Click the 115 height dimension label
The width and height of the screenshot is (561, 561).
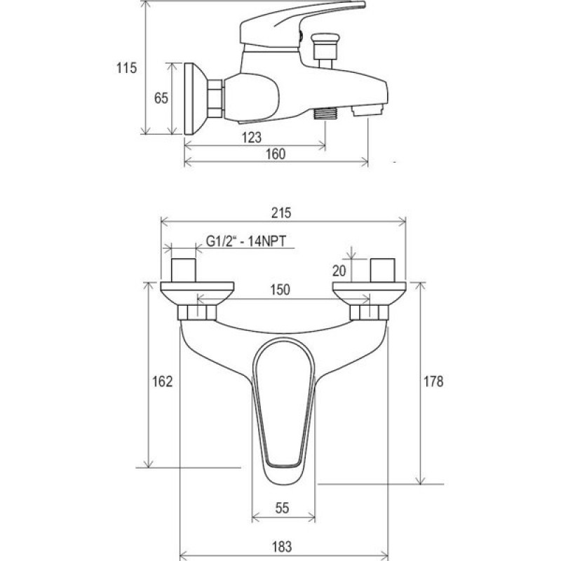coord(126,68)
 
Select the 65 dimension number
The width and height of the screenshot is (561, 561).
coord(161,98)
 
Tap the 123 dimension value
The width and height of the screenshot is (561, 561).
coord(252,137)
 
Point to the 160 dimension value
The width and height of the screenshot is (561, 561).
coord(276,154)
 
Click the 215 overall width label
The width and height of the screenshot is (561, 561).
coord(281,213)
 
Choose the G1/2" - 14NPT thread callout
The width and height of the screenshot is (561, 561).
coord(246,241)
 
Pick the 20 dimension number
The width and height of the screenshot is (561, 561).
coord(339,271)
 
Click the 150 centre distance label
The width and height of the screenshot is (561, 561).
coord(280,290)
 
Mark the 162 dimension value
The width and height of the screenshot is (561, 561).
coord(163,381)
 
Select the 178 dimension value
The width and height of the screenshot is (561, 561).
coord(433,381)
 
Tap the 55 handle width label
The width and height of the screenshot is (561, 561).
coord(282,508)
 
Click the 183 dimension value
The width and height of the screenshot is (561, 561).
coord(282,547)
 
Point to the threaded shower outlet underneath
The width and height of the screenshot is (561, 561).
coord(325,114)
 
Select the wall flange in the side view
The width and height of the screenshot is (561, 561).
coord(196,99)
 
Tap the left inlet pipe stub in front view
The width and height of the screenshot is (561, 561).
coord(184,270)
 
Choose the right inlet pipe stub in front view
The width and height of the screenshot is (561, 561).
coord(383,270)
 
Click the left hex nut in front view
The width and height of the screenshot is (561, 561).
coord(197,312)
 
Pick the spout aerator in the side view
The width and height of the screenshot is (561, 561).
coord(367,111)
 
